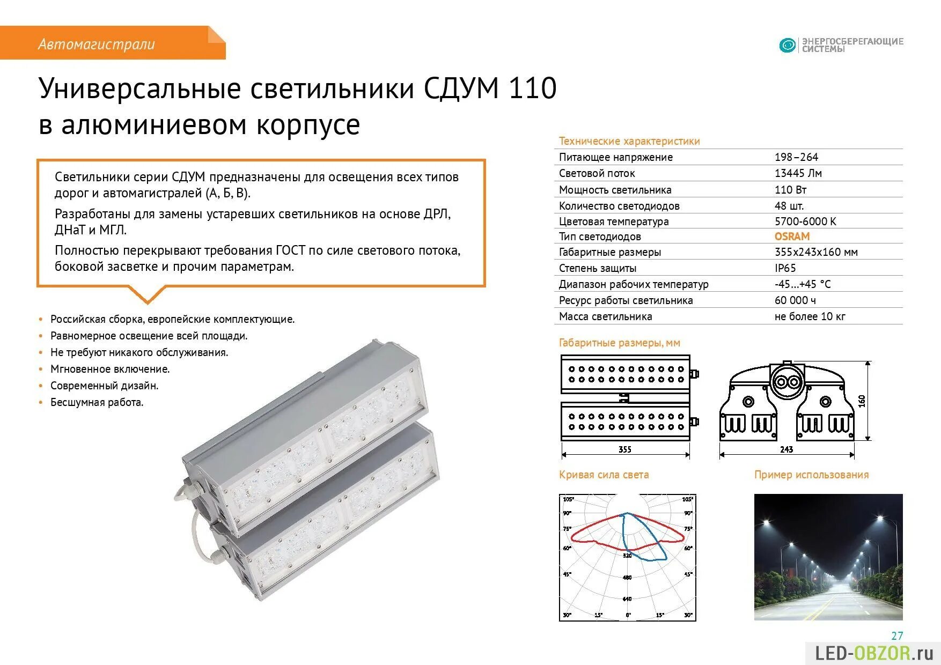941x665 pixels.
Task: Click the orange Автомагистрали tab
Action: coord(97,44)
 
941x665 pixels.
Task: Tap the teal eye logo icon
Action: coord(787,46)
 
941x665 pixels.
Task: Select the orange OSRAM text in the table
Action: coord(792,237)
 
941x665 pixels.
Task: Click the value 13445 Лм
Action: coord(798,173)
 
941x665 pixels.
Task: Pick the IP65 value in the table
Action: coord(785,268)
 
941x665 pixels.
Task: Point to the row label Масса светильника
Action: coord(605,316)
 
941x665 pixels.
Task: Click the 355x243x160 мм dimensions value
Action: coord(815,252)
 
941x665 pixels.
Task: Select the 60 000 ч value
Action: coord(795,300)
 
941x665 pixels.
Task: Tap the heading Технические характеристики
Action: coord(629,141)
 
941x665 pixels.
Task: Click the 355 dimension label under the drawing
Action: coord(625,449)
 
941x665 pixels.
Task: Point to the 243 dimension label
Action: coord(786,449)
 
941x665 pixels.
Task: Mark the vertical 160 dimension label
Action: coord(862,401)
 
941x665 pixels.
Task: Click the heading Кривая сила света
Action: coord(604,475)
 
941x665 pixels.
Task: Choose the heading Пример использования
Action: coord(811,475)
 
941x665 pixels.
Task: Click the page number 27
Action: coord(897,636)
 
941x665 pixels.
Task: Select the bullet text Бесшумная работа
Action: coord(97,402)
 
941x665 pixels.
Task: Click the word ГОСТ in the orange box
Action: coord(290,250)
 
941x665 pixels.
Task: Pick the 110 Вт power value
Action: coord(790,190)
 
